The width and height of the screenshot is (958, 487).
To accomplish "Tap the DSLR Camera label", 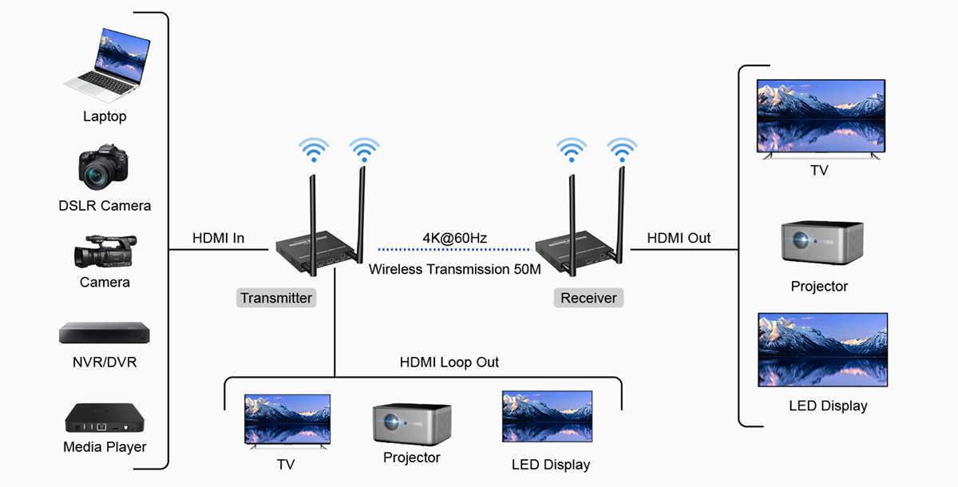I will pos(105,206).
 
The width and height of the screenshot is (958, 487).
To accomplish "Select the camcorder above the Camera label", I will pos(105,251).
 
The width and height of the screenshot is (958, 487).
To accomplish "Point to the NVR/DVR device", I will pos(105,333).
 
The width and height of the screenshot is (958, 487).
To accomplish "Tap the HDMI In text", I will pos(218,238).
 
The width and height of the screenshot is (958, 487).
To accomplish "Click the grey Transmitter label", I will pos(276,298).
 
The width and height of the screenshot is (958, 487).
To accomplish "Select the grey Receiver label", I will pos(588,298).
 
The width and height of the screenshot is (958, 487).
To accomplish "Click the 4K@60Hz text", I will pos(455,238).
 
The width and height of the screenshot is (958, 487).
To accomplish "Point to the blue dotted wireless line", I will pos(455,250).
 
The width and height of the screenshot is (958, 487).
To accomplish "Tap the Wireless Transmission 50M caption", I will pos(455,270).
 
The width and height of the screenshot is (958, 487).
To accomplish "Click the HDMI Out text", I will pos(679,238).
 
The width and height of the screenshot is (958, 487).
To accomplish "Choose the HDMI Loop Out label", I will pos(449,362).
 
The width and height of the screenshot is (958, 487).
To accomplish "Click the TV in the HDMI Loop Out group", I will pos(287,420).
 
